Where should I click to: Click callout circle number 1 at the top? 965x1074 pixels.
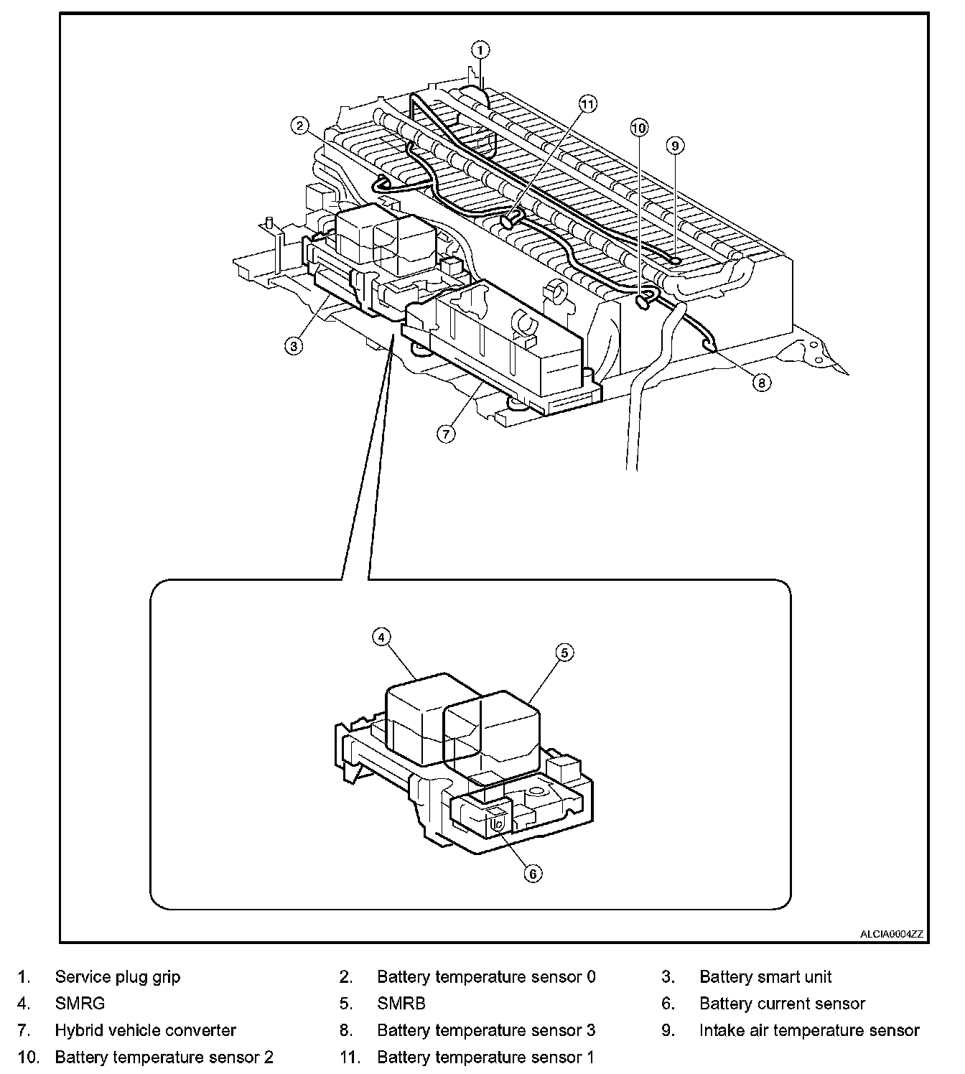click(x=480, y=50)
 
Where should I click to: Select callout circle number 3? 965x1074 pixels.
click(x=293, y=345)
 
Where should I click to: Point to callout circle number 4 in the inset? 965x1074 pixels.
click(x=381, y=637)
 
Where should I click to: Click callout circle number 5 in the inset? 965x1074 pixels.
click(x=564, y=653)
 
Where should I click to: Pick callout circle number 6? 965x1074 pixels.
click(x=533, y=873)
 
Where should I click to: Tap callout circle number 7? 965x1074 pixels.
click(x=446, y=434)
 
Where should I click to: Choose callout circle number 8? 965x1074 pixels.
click(x=762, y=383)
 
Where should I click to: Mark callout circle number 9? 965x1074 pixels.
click(x=675, y=146)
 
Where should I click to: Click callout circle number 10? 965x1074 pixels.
click(x=639, y=128)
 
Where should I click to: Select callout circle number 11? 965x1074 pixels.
click(x=588, y=105)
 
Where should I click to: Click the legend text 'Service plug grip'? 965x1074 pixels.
click(x=118, y=976)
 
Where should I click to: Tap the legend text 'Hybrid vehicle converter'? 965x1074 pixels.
click(x=145, y=1030)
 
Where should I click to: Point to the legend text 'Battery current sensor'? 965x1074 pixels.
click(x=782, y=1004)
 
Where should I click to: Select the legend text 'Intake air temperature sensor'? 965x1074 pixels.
click(x=809, y=1030)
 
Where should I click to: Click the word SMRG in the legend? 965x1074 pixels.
click(x=80, y=1004)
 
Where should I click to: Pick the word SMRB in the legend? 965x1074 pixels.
click(x=401, y=1004)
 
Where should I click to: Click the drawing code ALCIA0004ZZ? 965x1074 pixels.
click(x=892, y=934)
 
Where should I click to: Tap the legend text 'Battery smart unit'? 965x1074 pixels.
click(x=765, y=976)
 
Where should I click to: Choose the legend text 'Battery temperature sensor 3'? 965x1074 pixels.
click(x=486, y=1030)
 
